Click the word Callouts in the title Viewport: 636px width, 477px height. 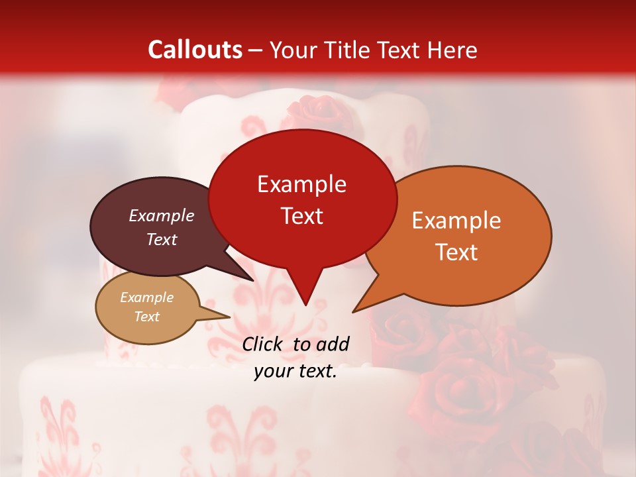coord(195,50)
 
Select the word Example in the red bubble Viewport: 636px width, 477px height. coord(301,184)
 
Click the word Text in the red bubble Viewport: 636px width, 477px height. coord(301,216)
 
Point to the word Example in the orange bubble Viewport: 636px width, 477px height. coord(456,221)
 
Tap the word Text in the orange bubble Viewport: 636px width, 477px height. coord(456,252)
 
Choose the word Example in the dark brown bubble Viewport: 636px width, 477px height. coord(161,216)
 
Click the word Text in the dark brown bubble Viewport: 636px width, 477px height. coord(161,239)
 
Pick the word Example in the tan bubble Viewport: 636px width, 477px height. coord(146,297)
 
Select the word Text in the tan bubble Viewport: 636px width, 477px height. coord(146,317)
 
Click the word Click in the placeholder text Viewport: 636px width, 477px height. coord(263,344)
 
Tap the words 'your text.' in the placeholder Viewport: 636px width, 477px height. coord(295,372)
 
